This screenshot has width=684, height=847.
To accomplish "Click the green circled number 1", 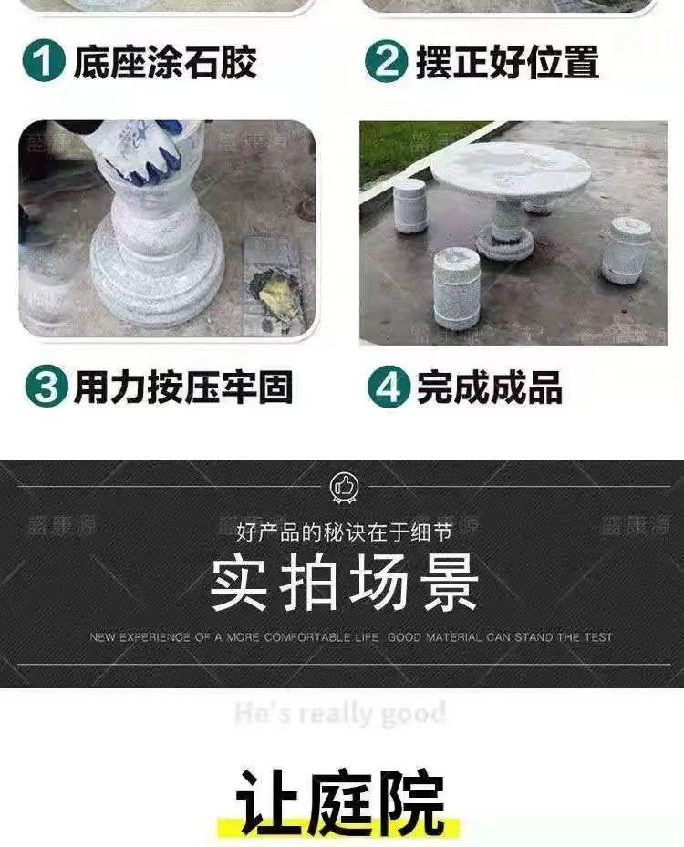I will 44,61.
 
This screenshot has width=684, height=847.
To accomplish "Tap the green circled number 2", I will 387,61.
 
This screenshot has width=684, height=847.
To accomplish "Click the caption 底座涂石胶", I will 165,61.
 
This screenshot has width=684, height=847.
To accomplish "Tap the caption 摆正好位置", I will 508,61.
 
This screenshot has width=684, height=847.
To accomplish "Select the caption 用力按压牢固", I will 182,387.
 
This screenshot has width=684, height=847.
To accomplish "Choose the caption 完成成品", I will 490,387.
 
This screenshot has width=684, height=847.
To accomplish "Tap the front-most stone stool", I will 456,287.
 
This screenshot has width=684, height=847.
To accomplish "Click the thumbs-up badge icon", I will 344,488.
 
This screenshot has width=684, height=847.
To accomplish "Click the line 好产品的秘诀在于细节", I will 343,531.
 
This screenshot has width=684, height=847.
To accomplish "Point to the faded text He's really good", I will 341,713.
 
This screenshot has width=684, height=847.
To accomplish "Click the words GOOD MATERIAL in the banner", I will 434,637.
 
